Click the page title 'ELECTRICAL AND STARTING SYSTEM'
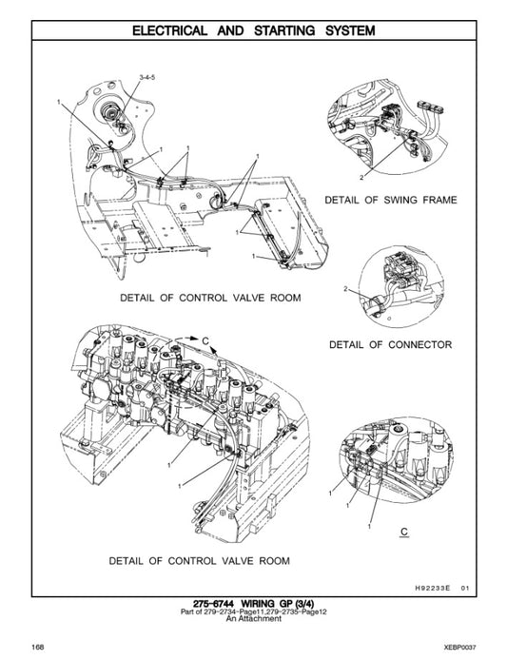point(253,30)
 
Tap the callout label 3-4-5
point(149,74)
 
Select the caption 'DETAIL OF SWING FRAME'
point(391,201)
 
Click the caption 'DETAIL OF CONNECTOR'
point(390,343)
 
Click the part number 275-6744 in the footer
point(217,603)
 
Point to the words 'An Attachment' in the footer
point(253,619)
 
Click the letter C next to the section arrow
point(204,339)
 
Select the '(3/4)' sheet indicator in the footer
point(299,603)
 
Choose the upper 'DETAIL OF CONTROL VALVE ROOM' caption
point(209,298)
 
